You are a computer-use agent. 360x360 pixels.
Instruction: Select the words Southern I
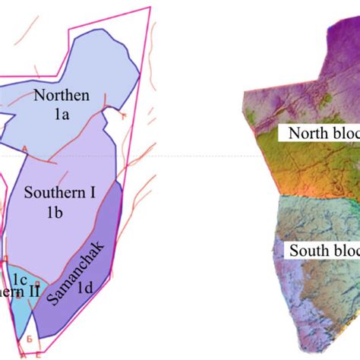[x=60, y=193]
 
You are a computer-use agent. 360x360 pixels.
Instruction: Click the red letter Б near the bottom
[x=28, y=336]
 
